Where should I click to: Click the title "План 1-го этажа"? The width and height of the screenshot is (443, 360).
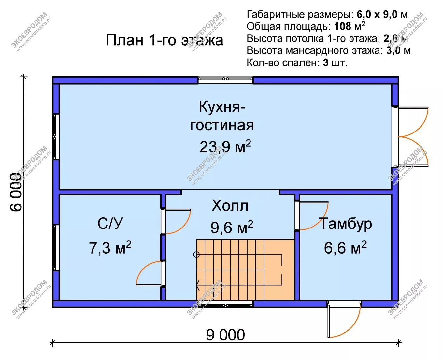(x=164, y=40)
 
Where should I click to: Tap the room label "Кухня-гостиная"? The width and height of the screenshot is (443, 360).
(x=222, y=116)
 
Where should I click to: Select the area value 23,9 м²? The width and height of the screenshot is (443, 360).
(x=225, y=146)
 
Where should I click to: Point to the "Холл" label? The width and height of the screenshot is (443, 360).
(x=230, y=206)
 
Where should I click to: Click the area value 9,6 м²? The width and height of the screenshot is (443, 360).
(x=232, y=227)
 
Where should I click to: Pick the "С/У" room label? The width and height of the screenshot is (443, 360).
(x=110, y=223)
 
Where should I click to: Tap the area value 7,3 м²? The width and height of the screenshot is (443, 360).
(x=110, y=247)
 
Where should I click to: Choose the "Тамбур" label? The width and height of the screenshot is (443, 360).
(x=346, y=224)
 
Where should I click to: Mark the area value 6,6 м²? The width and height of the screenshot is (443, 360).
(x=345, y=247)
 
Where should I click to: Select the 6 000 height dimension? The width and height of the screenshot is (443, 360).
(x=16, y=192)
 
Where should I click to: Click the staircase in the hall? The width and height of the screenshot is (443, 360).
(x=245, y=270)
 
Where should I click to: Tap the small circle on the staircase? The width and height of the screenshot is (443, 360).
(x=196, y=255)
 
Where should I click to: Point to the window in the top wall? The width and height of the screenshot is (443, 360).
(x=225, y=80)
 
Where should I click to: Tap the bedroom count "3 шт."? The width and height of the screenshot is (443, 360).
(x=335, y=62)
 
